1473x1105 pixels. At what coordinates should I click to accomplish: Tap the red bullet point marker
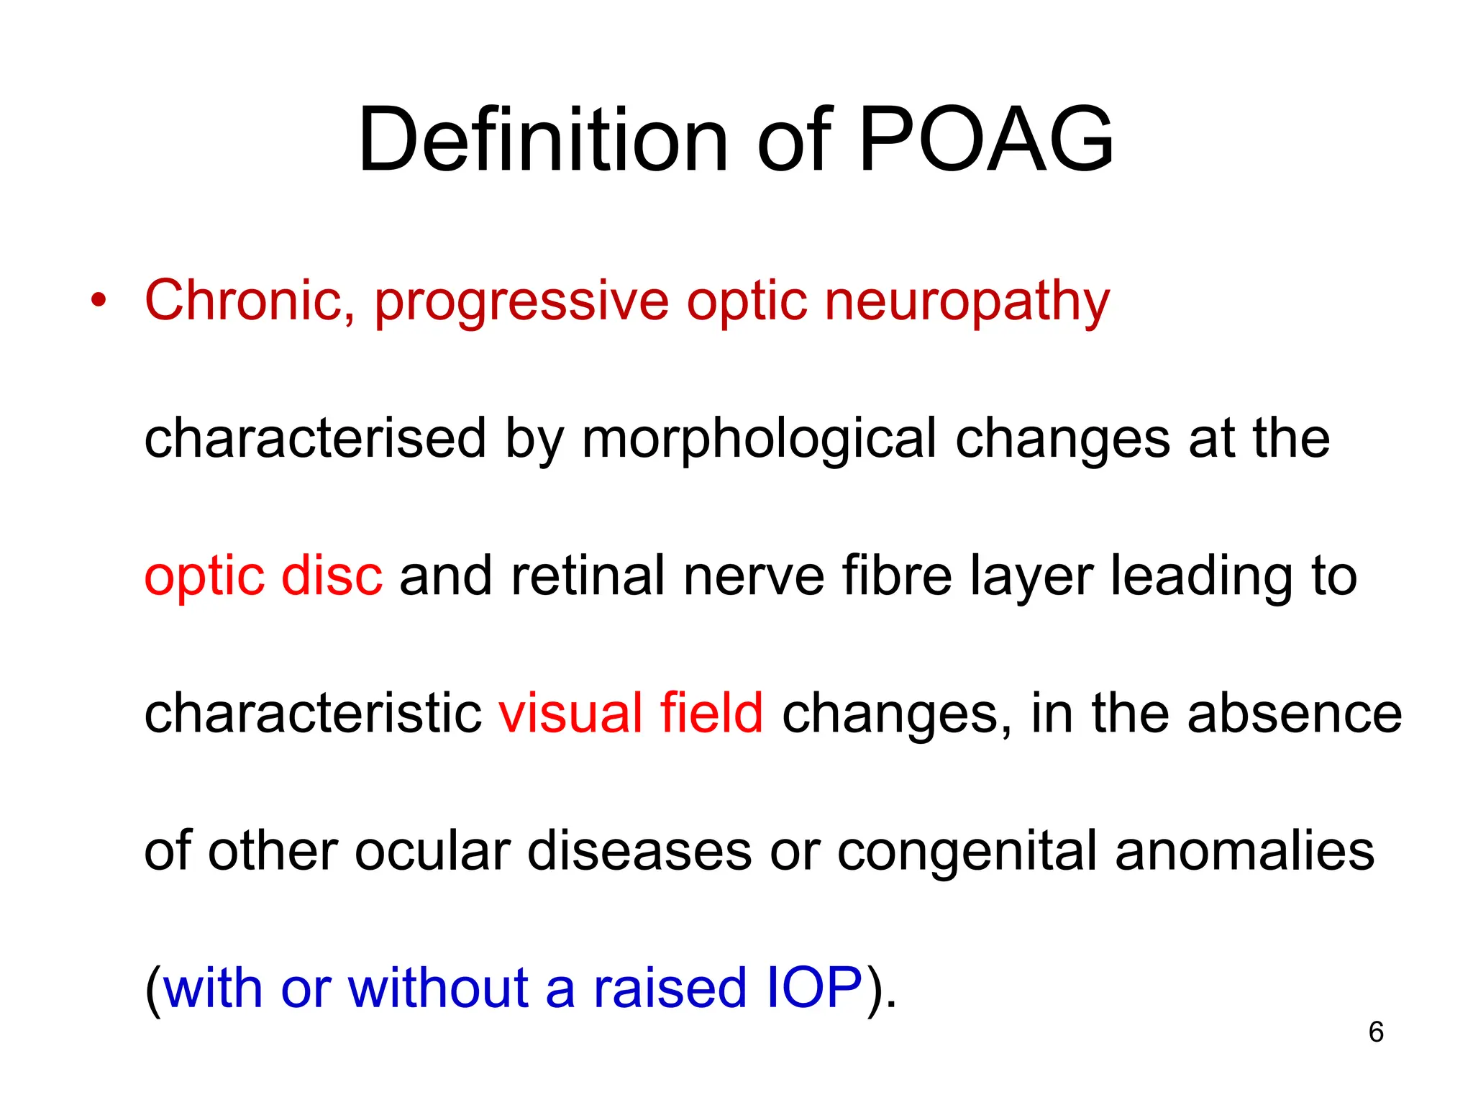tap(99, 301)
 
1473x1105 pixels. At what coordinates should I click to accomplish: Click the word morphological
tap(760, 439)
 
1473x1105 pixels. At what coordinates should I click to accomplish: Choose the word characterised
tap(315, 439)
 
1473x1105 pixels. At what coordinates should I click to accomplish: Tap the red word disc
tap(332, 576)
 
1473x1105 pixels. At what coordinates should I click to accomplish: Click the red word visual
tap(570, 714)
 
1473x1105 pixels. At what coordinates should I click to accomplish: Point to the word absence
tap(1295, 714)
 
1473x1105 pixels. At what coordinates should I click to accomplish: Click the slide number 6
tap(1376, 1032)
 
